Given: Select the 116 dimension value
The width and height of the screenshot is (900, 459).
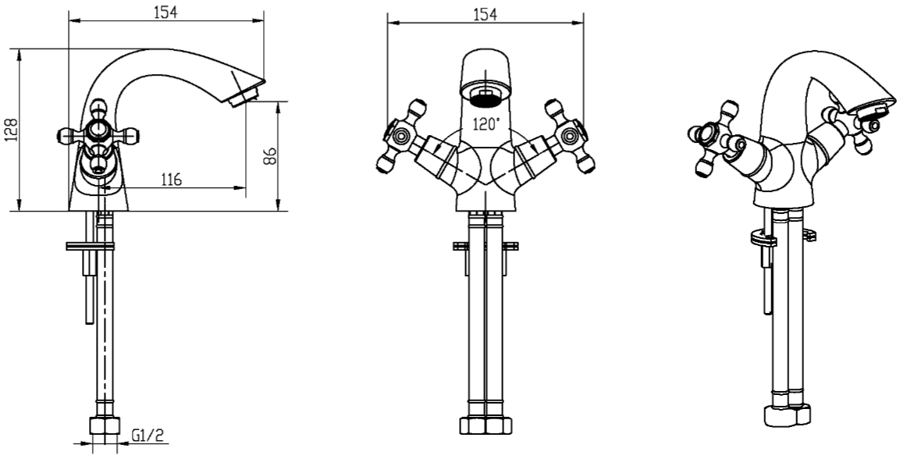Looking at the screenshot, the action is tap(170, 180).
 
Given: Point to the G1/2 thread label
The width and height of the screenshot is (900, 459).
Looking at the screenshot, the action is tap(148, 436).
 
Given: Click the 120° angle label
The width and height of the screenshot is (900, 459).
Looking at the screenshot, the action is tap(486, 123).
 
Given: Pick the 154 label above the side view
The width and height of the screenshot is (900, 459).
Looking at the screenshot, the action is tap(166, 12).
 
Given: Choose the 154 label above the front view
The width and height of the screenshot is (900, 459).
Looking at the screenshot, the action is tap(485, 15).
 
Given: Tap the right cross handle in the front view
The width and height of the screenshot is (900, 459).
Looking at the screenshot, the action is tap(569, 136).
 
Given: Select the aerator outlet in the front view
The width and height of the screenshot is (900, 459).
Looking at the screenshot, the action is tap(486, 96).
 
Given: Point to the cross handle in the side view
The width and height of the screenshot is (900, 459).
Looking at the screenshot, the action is tap(98, 136).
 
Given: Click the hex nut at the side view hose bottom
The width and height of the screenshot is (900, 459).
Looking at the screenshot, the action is tap(105, 425).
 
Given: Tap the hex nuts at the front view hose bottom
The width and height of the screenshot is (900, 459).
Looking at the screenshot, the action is tap(486, 425).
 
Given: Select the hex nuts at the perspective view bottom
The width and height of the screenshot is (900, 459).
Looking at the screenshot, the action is tap(787, 415).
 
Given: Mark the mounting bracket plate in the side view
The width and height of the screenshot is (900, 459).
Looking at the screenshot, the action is tap(90, 246).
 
